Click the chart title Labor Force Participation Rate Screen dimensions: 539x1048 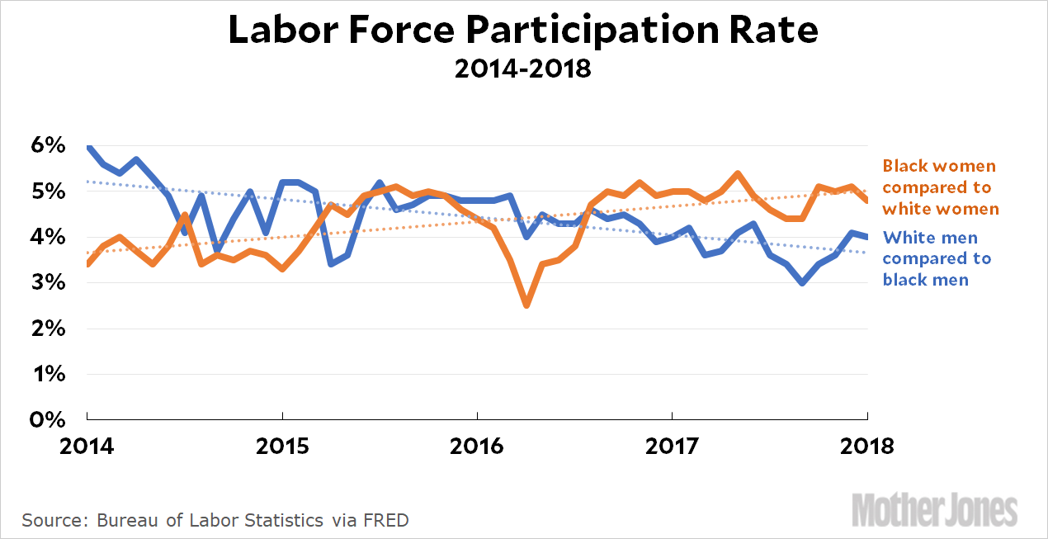523,30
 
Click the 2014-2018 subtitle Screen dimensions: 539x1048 523,68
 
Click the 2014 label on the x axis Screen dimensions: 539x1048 87,447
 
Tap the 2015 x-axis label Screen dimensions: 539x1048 282,447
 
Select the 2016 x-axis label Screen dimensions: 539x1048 477,447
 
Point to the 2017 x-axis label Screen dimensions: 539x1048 673,447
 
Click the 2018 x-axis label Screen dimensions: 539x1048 867,447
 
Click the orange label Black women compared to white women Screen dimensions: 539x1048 940,187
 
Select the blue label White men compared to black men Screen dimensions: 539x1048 937,258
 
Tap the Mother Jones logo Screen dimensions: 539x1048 934,509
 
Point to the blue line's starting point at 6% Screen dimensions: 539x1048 87,147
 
